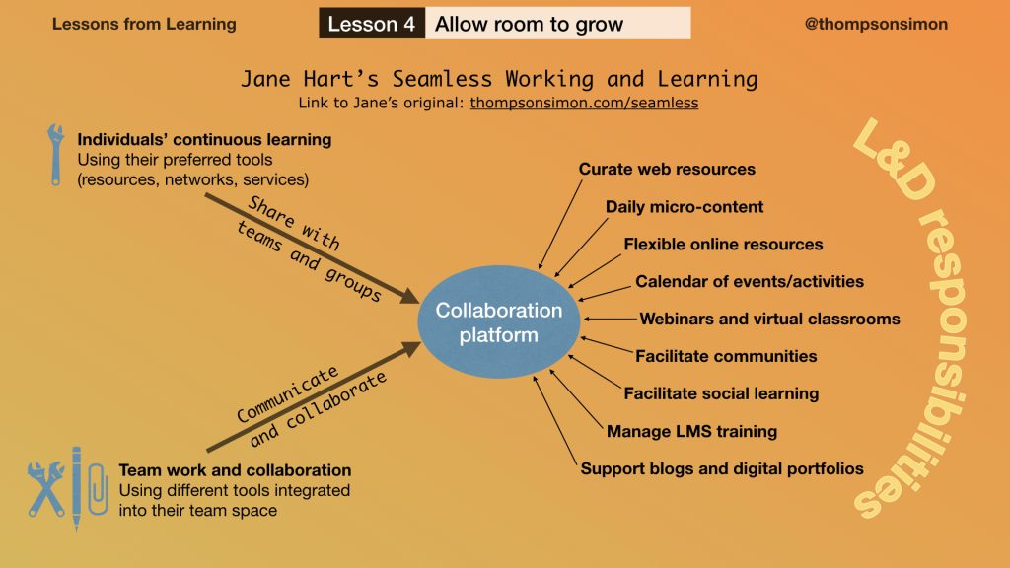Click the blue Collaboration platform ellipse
click(498, 321)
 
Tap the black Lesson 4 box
click(372, 24)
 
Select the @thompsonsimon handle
click(876, 24)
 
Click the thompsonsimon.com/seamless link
click(584, 103)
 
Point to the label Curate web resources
click(667, 169)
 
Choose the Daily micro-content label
click(685, 207)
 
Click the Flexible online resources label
click(723, 245)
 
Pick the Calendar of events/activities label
click(750, 281)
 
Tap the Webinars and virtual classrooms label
click(769, 319)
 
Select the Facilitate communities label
click(726, 356)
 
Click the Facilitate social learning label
click(721, 393)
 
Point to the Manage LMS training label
click(691, 431)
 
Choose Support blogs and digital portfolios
click(722, 468)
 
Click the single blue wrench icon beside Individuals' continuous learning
click(55, 155)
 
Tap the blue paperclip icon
click(98, 489)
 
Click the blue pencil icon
click(77, 488)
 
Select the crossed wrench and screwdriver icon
click(45, 489)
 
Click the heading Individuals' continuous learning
click(204, 140)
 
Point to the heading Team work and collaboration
click(235, 470)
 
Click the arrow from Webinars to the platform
click(610, 319)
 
